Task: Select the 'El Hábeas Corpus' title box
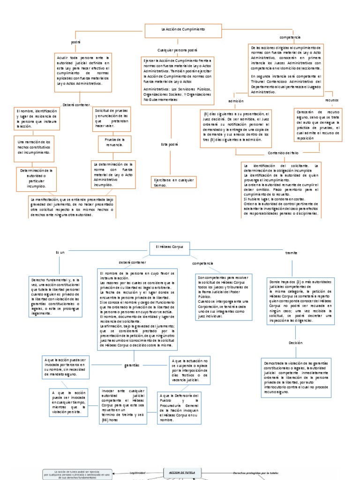click(169, 247)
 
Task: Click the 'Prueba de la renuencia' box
click(114, 142)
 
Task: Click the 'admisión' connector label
click(236, 101)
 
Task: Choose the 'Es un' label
click(60, 253)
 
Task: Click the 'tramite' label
click(291, 253)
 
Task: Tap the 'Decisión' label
click(296, 343)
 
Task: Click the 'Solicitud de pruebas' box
click(113, 118)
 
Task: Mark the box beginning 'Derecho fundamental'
click(56, 295)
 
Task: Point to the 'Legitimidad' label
click(138, 473)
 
